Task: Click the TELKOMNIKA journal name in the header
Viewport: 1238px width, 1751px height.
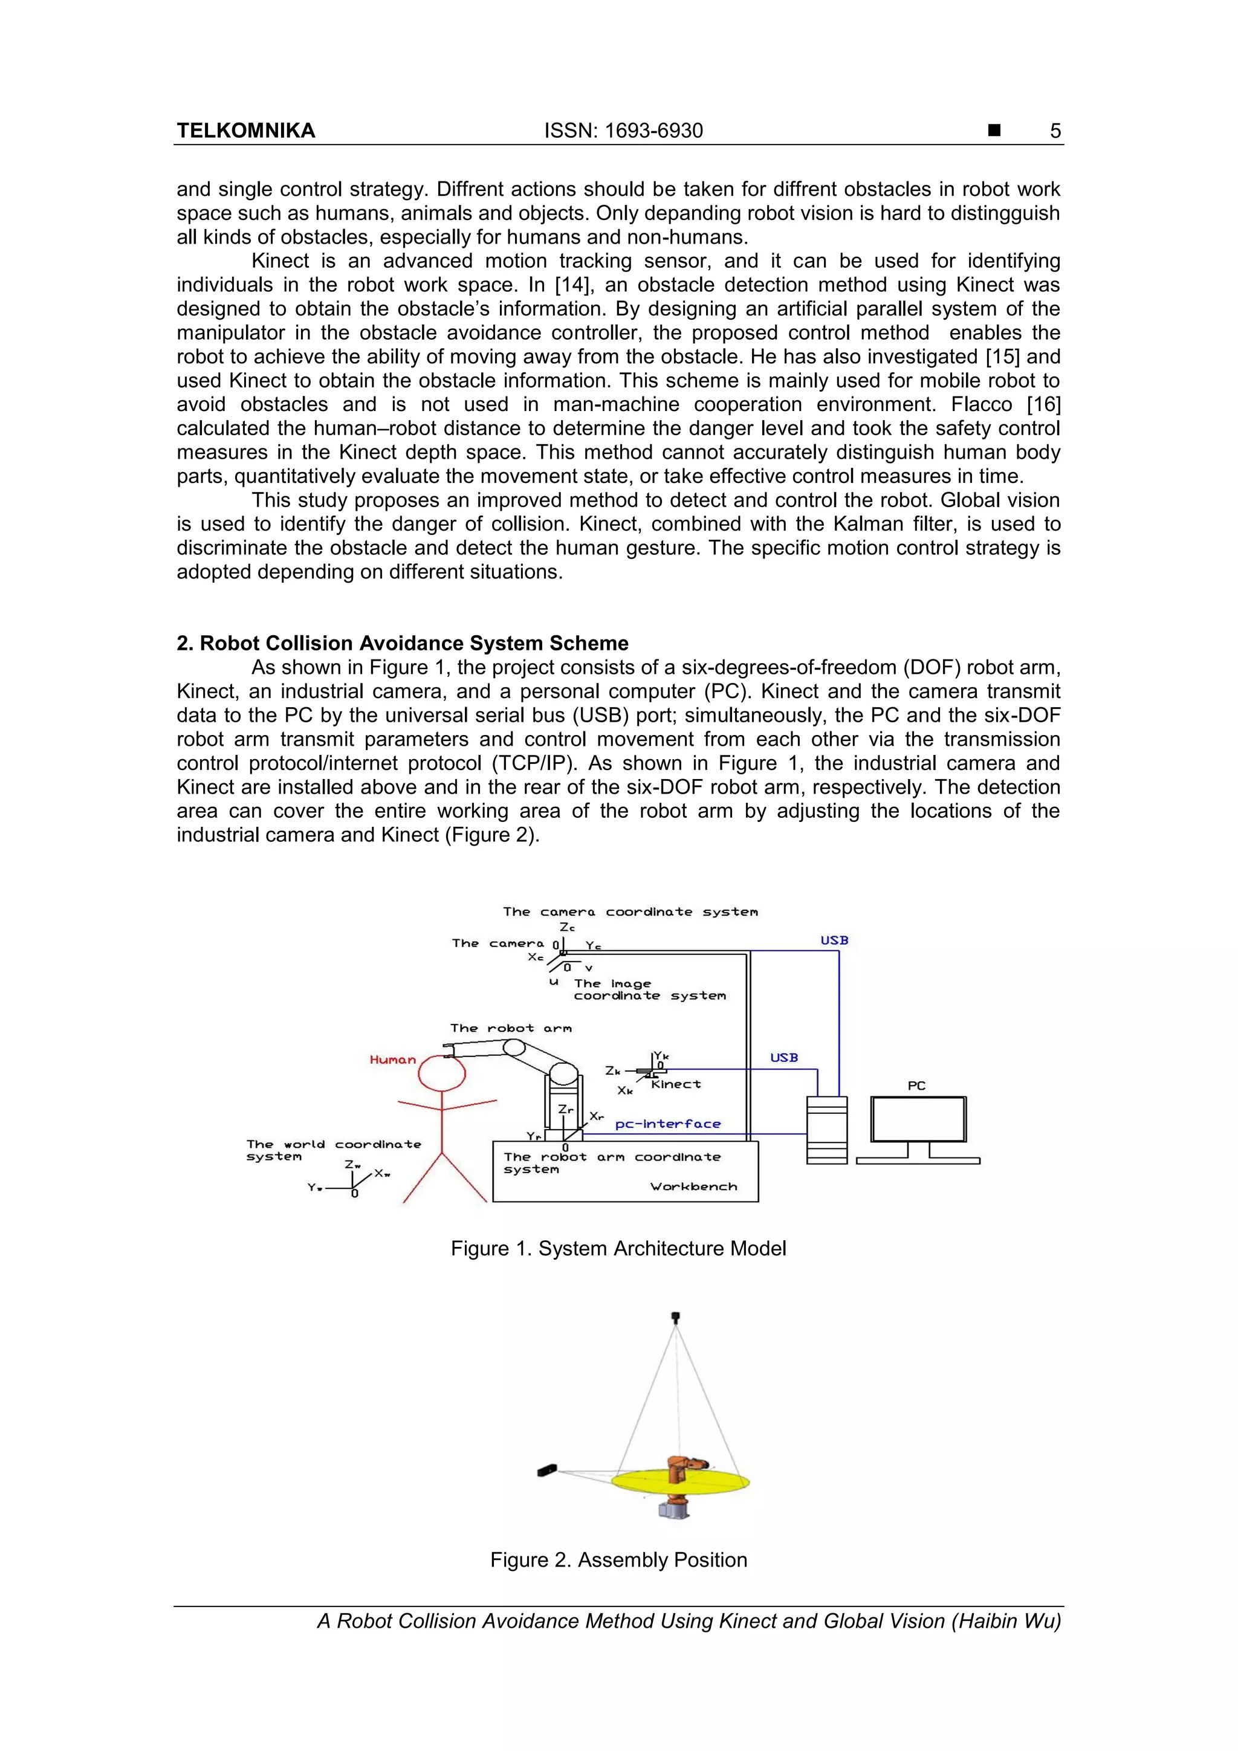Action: [x=245, y=131]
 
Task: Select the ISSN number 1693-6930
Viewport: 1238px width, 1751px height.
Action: [x=623, y=131]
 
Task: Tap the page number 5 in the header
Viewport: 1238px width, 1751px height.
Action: [x=1055, y=131]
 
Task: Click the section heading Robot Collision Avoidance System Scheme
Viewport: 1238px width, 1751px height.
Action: [x=403, y=643]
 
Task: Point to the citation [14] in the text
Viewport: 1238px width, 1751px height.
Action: [x=570, y=285]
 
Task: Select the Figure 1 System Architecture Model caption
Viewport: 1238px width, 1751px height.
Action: [x=618, y=1249]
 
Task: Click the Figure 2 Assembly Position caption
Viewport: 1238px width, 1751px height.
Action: [x=618, y=1559]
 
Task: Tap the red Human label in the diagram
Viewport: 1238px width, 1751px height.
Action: [x=393, y=1060]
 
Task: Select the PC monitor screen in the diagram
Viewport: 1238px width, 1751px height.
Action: [x=918, y=1119]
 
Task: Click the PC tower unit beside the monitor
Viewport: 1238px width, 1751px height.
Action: [x=827, y=1130]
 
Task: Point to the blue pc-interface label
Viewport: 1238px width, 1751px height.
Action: [x=667, y=1124]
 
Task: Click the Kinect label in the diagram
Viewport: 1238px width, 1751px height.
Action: [x=676, y=1084]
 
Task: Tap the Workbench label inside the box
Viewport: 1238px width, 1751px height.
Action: [x=693, y=1186]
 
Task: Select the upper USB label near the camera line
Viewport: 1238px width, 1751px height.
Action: [x=834, y=940]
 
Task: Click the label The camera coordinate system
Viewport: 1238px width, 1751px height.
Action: [x=630, y=911]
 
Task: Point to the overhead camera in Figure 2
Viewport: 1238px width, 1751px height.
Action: [x=675, y=1316]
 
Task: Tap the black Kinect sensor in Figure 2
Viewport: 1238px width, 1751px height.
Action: [x=547, y=1469]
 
